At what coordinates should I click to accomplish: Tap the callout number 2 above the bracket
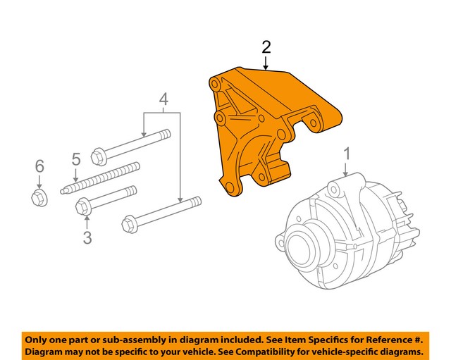point(266,47)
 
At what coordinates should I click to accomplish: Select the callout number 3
point(87,238)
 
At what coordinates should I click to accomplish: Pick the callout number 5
point(75,160)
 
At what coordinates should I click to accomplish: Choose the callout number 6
point(39,166)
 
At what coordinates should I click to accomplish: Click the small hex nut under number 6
point(39,197)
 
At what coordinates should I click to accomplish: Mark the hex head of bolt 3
point(82,207)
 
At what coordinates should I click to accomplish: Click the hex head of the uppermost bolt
point(99,155)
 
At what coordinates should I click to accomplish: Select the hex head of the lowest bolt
point(129,225)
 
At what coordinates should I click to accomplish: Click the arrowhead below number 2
point(266,68)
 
